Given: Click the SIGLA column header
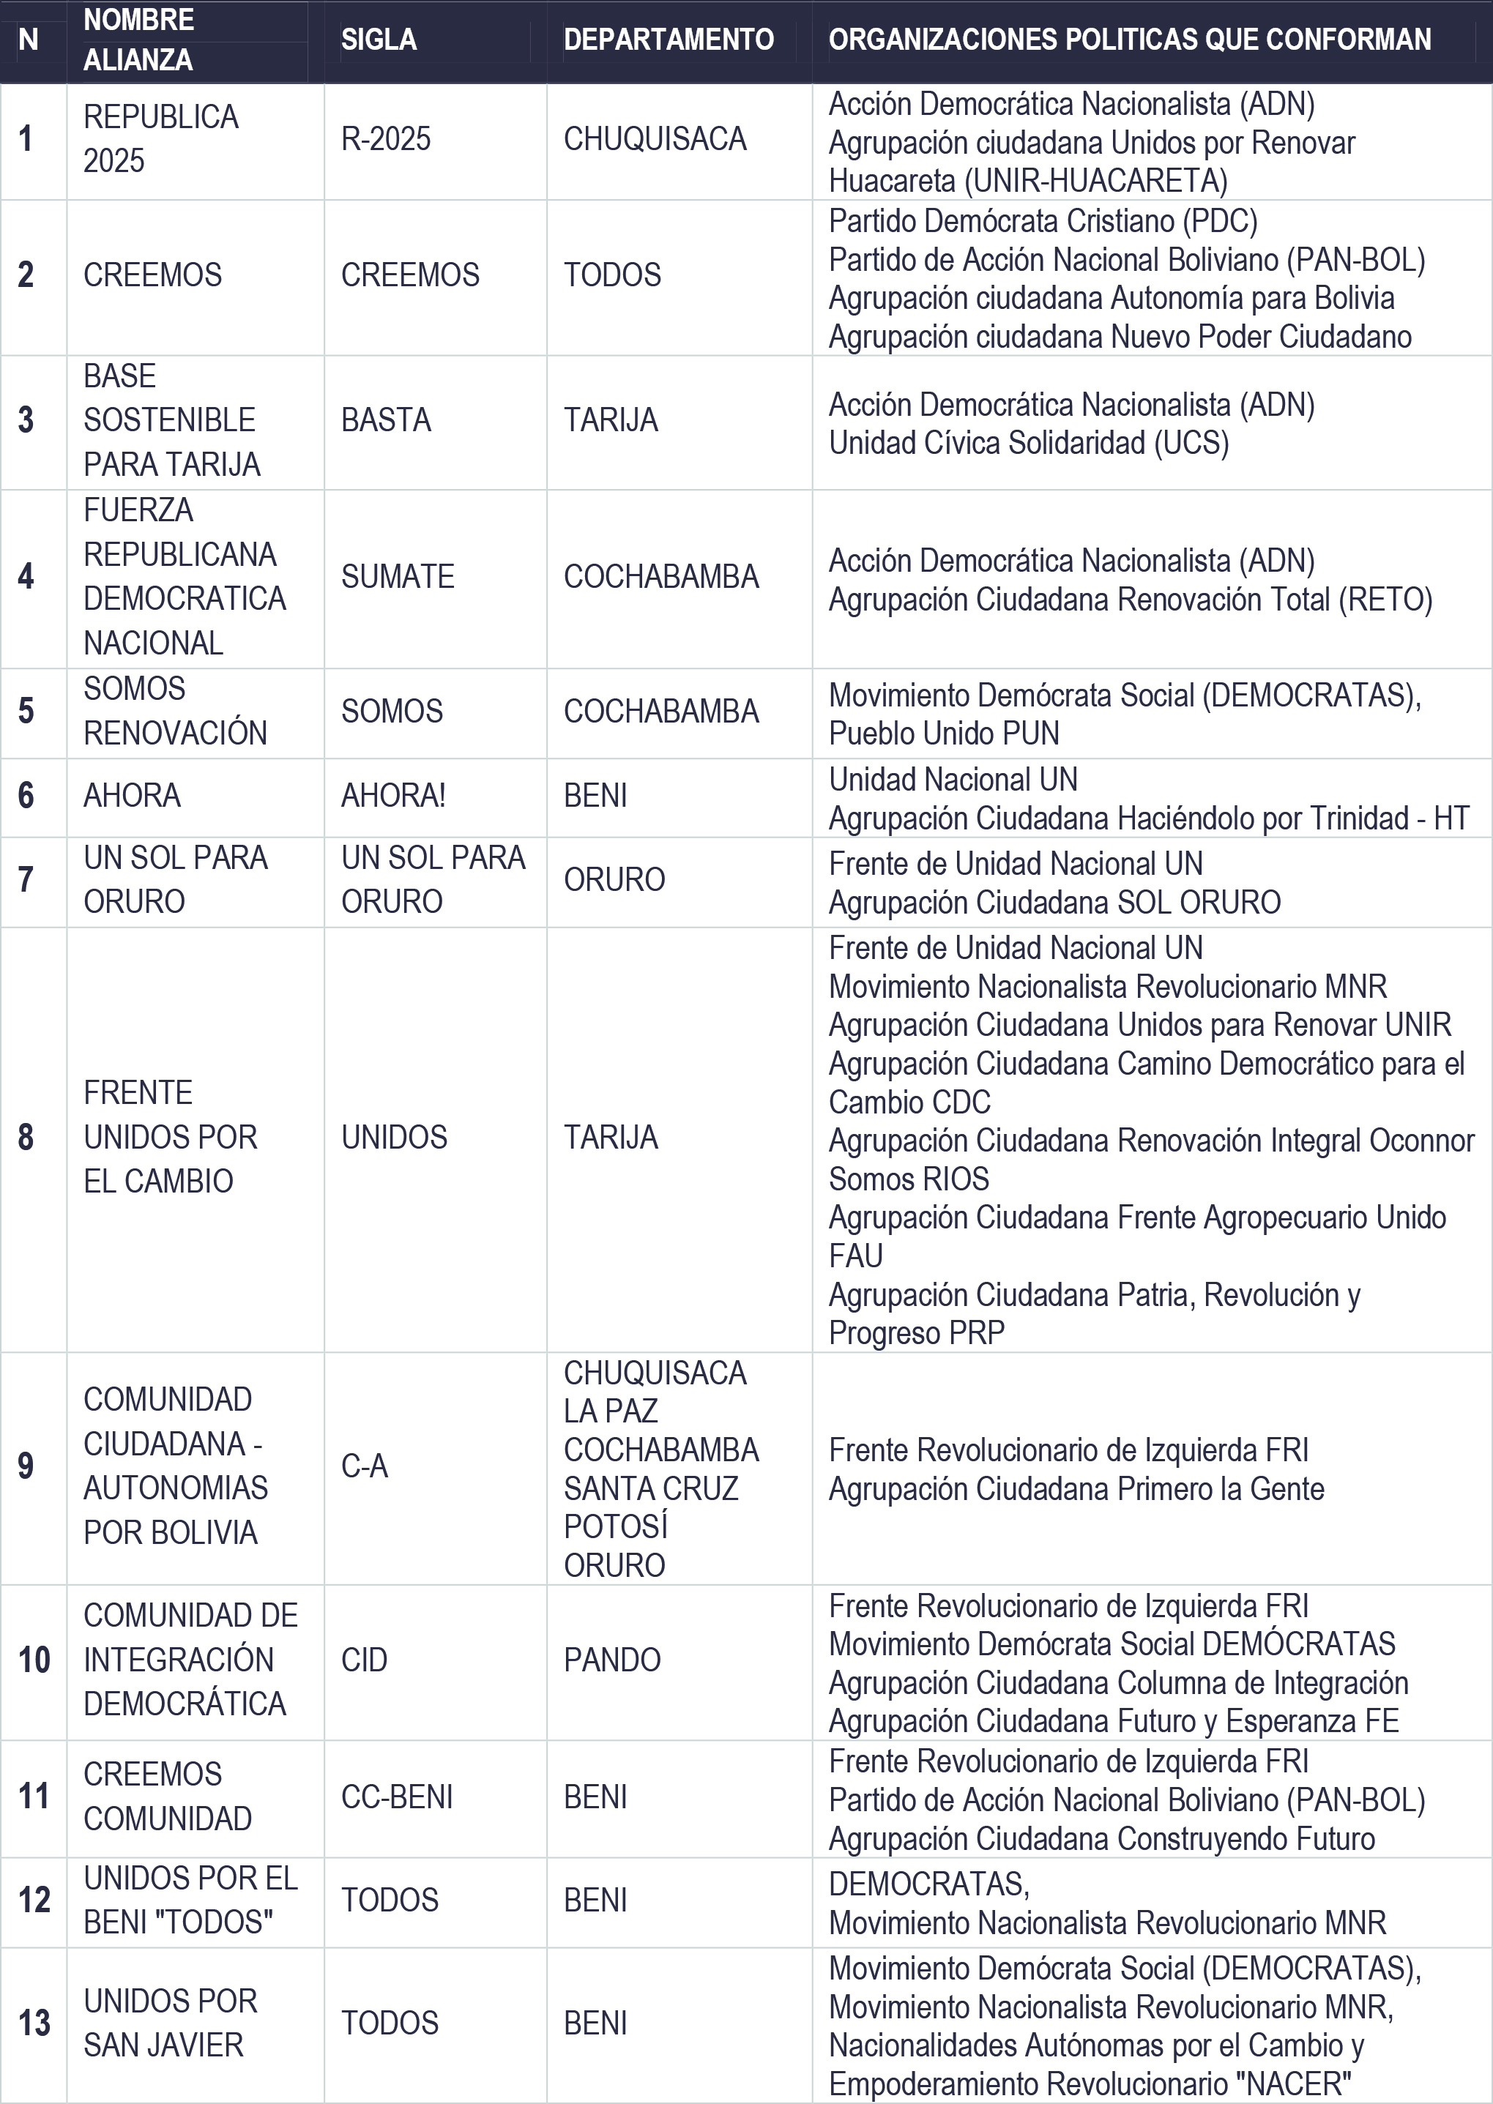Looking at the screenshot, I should [x=379, y=40].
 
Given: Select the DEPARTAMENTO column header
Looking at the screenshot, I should [x=669, y=40].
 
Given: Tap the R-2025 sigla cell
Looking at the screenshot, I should [x=386, y=139].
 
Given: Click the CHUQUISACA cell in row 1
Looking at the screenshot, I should [x=655, y=139].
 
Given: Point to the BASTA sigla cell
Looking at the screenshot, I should [x=386, y=420].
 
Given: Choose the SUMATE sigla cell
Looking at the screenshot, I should [x=397, y=576].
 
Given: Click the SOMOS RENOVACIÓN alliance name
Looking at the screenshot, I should [x=175, y=711].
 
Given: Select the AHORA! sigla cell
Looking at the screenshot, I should [x=393, y=795].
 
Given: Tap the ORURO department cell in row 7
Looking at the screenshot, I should [x=614, y=880].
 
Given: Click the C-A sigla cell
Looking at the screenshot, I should [x=365, y=1466].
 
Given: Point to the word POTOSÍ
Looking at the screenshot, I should [x=616, y=1526].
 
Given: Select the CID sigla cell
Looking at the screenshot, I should [x=364, y=1660].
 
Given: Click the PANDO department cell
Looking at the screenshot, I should [x=612, y=1660].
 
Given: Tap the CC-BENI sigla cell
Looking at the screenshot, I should [x=397, y=1797].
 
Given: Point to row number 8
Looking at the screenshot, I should [x=26, y=1137].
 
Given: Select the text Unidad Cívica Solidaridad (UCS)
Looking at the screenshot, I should [x=1029, y=443].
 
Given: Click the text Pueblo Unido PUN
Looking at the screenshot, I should [x=944, y=733].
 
